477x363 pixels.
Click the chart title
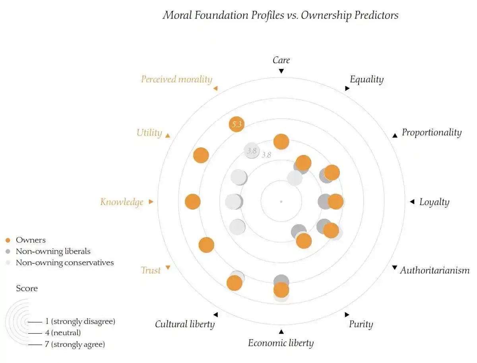(x=280, y=15)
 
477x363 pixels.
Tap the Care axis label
(x=281, y=60)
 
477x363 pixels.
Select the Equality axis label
(x=366, y=80)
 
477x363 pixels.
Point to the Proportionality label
(x=431, y=132)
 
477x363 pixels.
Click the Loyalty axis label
(x=434, y=202)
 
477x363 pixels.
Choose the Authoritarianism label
(x=434, y=270)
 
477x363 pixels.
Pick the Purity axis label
(x=361, y=324)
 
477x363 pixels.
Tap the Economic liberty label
(x=281, y=343)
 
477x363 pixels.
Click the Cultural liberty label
(x=185, y=324)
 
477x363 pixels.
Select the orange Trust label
(x=151, y=270)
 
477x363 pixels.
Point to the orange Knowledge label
(x=122, y=202)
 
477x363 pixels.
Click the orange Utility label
(x=149, y=133)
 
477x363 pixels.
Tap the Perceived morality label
(x=176, y=80)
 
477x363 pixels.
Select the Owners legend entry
(x=31, y=240)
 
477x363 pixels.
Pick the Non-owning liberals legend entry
(x=53, y=251)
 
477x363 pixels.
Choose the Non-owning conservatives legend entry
(x=64, y=263)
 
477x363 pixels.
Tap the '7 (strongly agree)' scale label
(x=75, y=344)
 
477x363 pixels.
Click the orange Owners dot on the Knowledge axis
(x=193, y=202)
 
